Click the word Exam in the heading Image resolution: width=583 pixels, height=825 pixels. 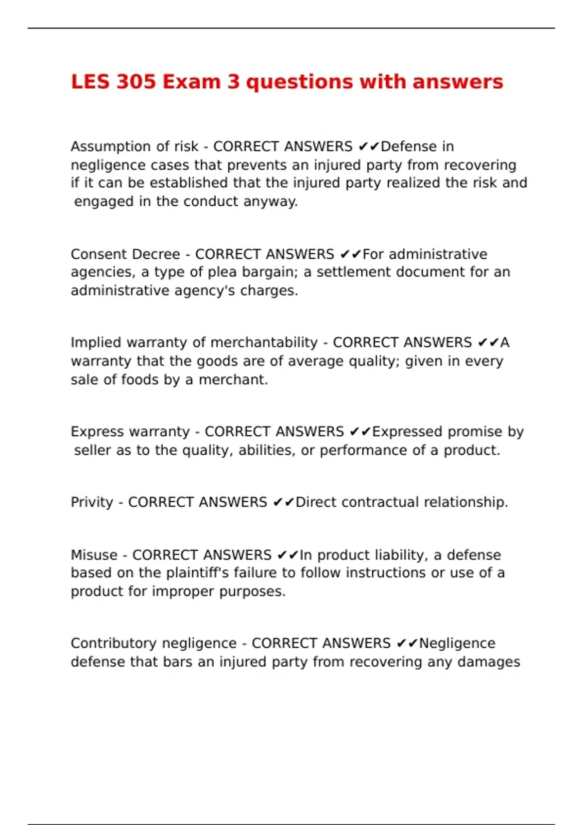191,82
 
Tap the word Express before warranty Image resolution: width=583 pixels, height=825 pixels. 96,432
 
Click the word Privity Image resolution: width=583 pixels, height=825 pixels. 92,502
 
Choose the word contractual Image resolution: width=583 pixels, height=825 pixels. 380,502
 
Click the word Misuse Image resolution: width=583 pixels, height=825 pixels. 94,555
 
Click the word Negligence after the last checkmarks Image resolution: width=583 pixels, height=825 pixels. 457,643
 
